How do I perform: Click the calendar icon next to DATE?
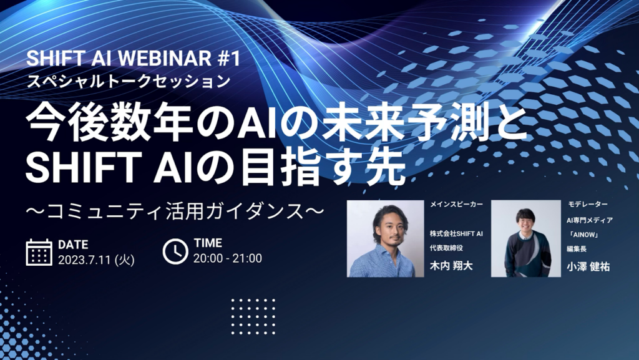39,253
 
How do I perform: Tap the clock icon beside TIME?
175,251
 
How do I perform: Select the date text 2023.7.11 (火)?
96,260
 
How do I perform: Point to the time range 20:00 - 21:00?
227,258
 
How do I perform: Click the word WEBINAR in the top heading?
164,59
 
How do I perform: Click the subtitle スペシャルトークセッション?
129,81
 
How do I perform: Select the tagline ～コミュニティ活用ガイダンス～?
175,212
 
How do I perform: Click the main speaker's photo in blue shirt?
385,238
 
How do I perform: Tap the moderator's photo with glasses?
525,238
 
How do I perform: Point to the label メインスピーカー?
456,204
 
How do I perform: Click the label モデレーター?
587,204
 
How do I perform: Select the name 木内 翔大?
451,266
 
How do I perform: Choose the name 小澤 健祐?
588,267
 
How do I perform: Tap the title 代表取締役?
446,248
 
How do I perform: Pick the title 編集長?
576,249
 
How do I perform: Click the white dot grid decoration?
253,316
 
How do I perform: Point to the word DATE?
74,245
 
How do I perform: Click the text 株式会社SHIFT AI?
456,233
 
